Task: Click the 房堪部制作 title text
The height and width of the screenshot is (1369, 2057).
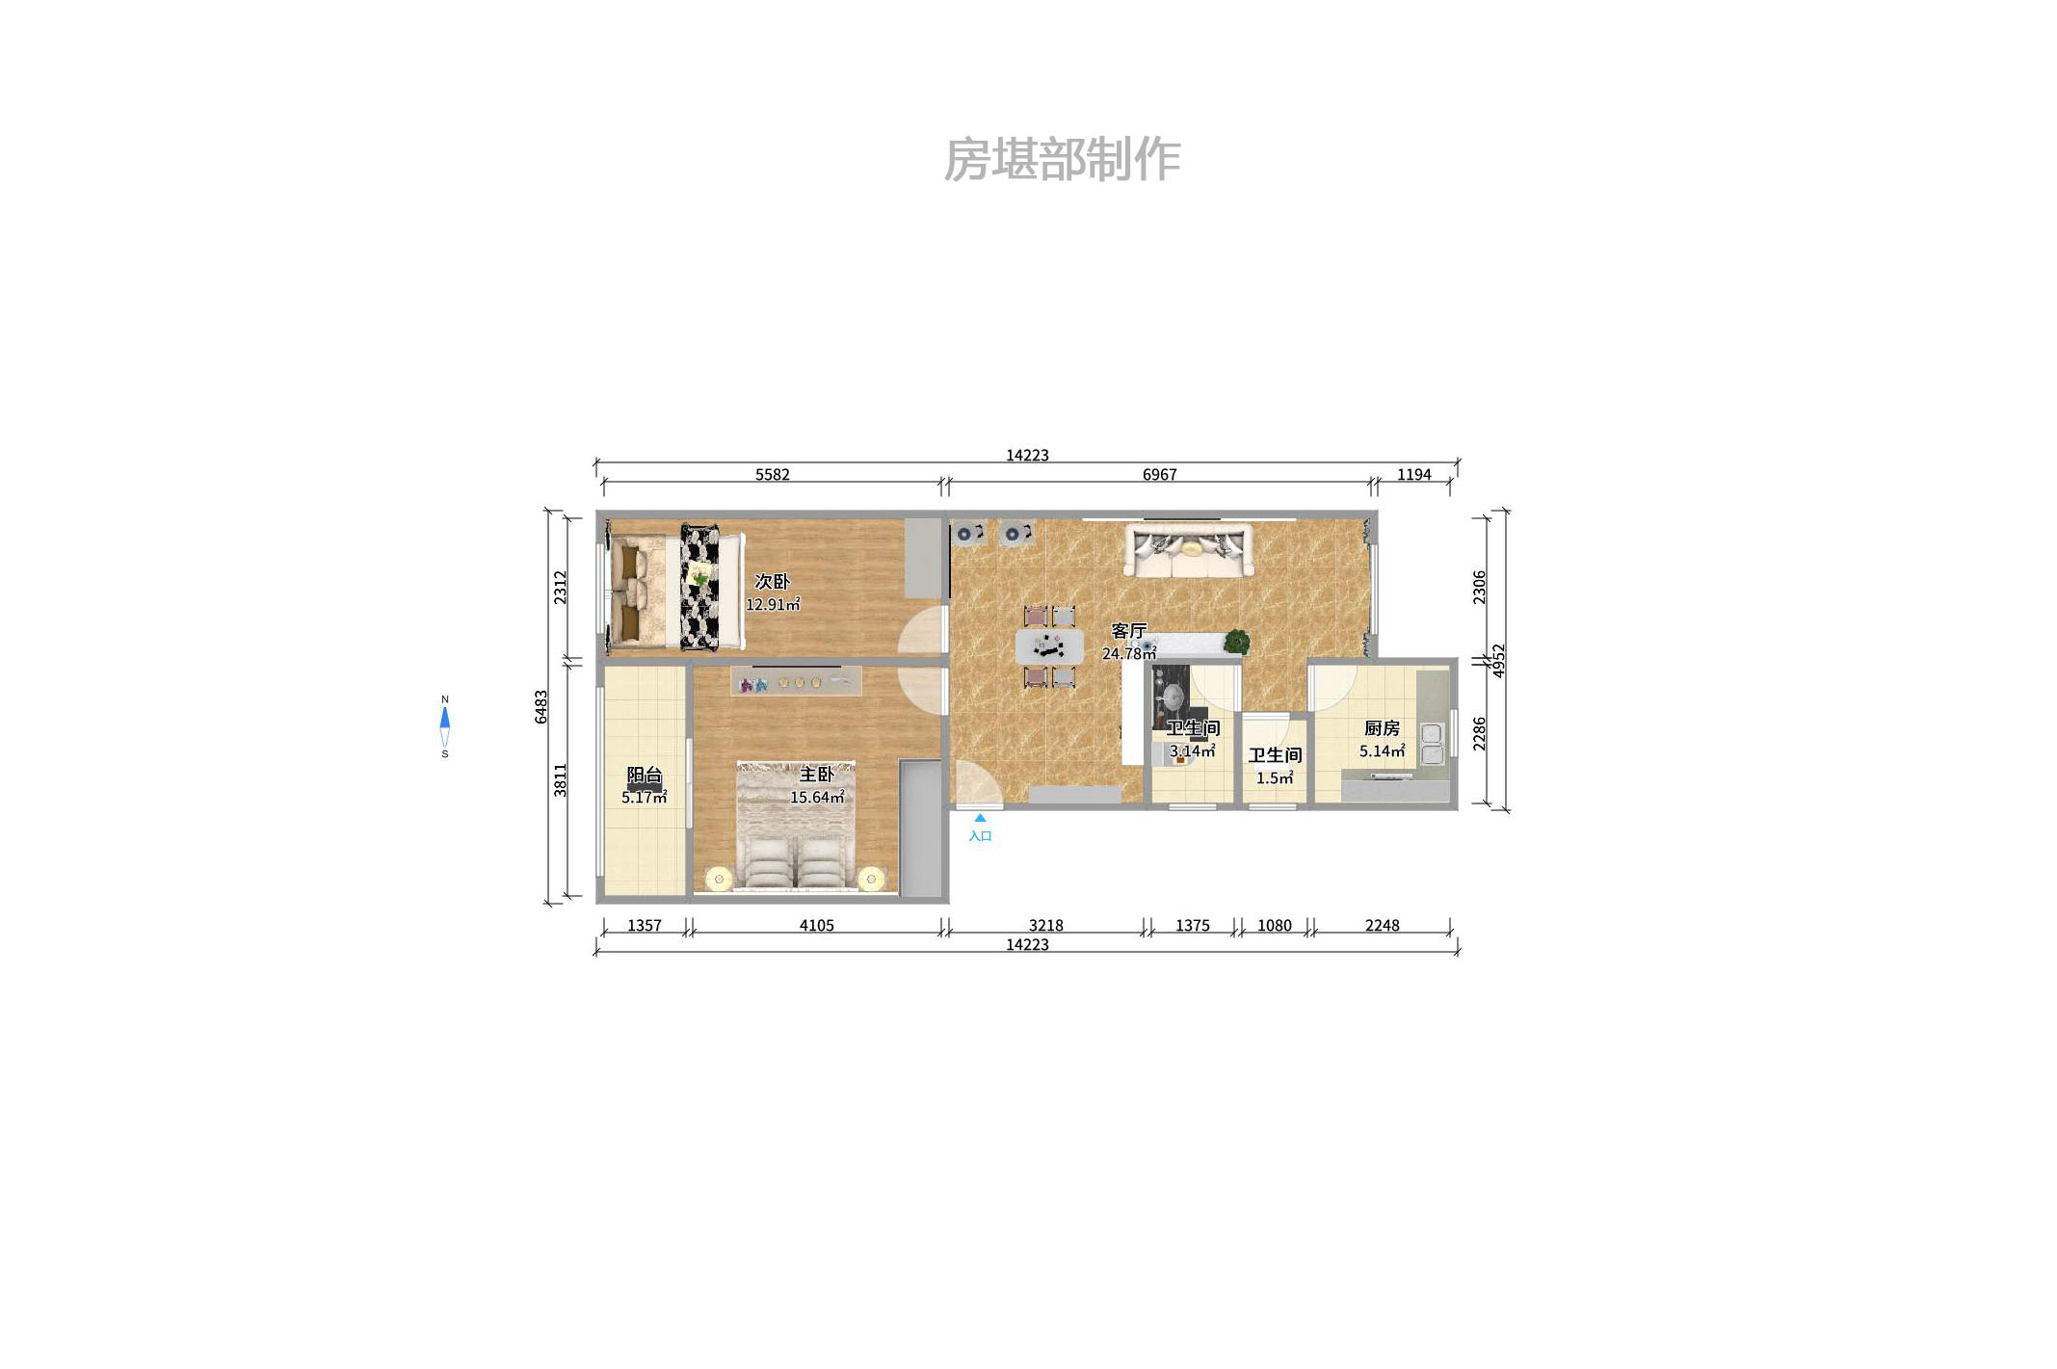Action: click(x=1061, y=160)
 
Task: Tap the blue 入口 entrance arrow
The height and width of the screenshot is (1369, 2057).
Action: click(x=979, y=818)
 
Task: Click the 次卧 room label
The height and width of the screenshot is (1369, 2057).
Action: click(x=772, y=581)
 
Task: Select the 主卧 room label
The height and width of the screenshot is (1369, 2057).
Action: click(x=816, y=775)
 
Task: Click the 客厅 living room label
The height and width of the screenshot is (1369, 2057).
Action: click(x=1128, y=631)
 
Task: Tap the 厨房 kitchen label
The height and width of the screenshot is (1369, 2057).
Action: click(x=1382, y=728)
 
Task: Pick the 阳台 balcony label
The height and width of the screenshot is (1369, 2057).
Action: click(x=645, y=776)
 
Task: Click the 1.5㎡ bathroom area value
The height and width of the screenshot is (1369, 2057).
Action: click(x=1274, y=778)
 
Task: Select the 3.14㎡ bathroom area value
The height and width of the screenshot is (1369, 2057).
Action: click(x=1192, y=751)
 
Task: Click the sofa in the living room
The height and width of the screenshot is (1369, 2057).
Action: click(x=1189, y=551)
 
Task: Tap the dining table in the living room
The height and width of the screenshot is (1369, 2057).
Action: click(x=1049, y=646)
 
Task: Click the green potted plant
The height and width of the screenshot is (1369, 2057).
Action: click(x=1236, y=641)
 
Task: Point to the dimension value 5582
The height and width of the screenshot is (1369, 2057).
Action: click(x=772, y=474)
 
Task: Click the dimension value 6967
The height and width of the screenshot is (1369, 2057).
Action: click(x=1159, y=474)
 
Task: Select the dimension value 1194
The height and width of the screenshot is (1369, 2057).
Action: click(x=1413, y=474)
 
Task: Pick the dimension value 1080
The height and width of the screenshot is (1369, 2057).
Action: click(x=1274, y=925)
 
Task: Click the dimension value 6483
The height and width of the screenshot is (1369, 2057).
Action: click(x=541, y=706)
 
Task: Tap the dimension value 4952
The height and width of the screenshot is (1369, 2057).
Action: click(x=1498, y=661)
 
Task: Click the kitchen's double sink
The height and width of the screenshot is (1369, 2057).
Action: click(x=1432, y=745)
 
